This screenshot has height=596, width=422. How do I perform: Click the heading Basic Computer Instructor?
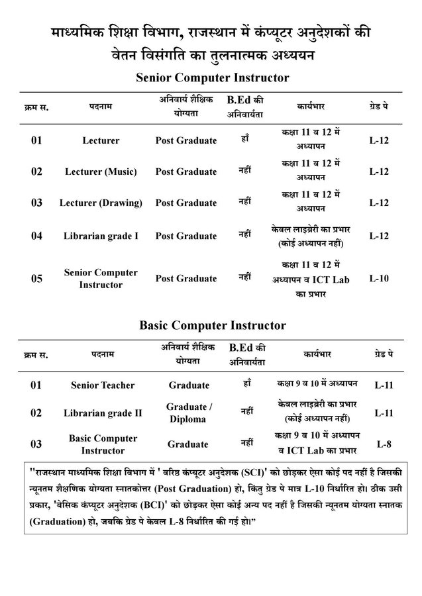212,325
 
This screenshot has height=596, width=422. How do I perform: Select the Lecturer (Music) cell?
101,172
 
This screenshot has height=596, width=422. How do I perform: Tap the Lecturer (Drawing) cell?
101,203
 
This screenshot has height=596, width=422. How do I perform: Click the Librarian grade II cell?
103,413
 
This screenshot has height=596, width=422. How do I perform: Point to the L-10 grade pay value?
378,278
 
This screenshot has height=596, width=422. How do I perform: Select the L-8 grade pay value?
385,444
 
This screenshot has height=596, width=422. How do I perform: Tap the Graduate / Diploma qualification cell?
189,413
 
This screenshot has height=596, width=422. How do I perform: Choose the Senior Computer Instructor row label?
101,278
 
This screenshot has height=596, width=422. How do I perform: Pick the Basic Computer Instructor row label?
103,444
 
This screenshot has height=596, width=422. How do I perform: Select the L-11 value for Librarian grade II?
385,413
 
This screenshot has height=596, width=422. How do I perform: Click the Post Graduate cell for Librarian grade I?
186,236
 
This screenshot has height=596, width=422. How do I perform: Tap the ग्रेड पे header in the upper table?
378,106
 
